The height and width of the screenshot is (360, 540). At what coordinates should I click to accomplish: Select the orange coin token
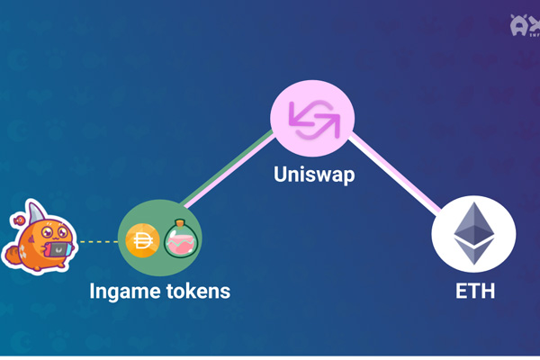pyautogui.click(x=143, y=240)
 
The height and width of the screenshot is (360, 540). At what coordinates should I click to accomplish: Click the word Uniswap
pyautogui.click(x=313, y=174)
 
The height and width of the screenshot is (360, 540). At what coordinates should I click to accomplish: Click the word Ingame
pyautogui.click(x=123, y=292)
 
